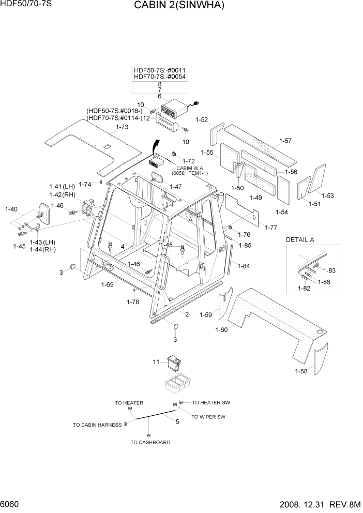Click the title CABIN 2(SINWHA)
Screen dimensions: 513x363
(x=179, y=6)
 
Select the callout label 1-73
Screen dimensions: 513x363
(x=122, y=127)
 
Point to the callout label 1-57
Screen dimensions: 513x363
(x=285, y=141)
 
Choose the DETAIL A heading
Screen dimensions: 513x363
(x=300, y=240)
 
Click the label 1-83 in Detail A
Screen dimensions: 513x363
(x=329, y=270)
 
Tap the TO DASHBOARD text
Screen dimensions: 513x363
(x=150, y=442)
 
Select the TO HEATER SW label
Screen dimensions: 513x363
(x=210, y=402)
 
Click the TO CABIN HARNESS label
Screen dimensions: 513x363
(x=97, y=425)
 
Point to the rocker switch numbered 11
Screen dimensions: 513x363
(x=174, y=364)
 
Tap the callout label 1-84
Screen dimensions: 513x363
(x=244, y=266)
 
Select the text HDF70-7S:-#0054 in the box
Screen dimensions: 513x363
(x=160, y=77)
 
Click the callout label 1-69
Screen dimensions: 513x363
(x=108, y=284)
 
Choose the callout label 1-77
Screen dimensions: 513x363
(x=271, y=227)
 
